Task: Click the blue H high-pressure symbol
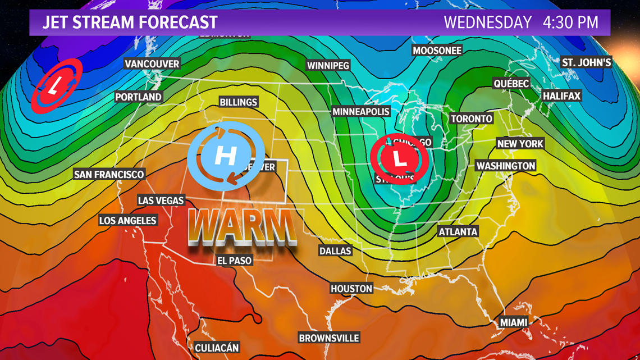tap(226, 154)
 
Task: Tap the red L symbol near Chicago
tap(400, 159)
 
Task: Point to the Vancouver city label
tap(152, 64)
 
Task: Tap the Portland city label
tap(138, 97)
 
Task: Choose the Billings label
tap(239, 102)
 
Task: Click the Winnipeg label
tap(328, 66)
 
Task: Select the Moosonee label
tap(437, 51)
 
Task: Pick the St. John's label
tap(586, 62)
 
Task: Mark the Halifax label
tap(561, 96)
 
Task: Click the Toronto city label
tap(472, 119)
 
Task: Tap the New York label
tap(520, 144)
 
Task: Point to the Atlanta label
tap(458, 231)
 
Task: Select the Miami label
tap(514, 322)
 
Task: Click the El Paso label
tap(235, 261)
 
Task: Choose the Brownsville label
tap(328, 338)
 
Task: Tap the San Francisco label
tap(109, 174)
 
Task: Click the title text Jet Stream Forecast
tap(130, 22)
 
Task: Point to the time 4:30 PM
tap(570, 22)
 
